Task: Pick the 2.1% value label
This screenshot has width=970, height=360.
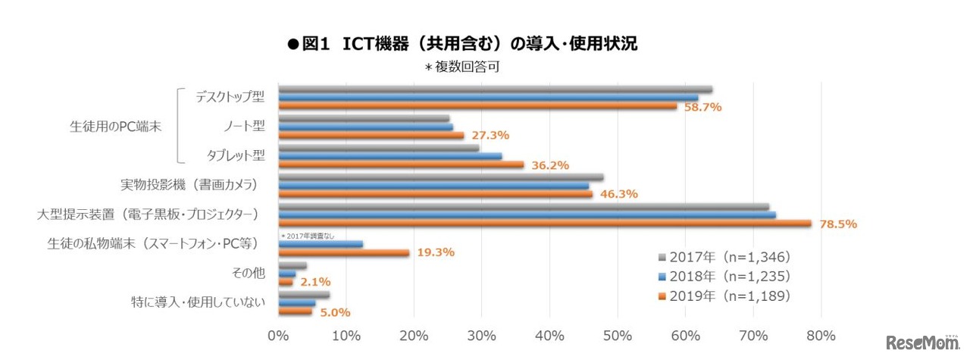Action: coord(314,282)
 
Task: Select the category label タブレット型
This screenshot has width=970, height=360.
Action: coord(236,155)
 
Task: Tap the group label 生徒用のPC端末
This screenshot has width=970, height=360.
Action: coord(116,127)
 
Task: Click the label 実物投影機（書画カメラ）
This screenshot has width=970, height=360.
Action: coord(189,185)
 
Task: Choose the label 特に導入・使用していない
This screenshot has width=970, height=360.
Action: coord(198,302)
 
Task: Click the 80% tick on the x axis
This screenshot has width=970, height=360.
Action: coord(821,336)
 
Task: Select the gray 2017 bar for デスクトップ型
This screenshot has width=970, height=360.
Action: coord(495,89)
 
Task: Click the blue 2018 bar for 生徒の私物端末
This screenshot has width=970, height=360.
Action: coord(321,244)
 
